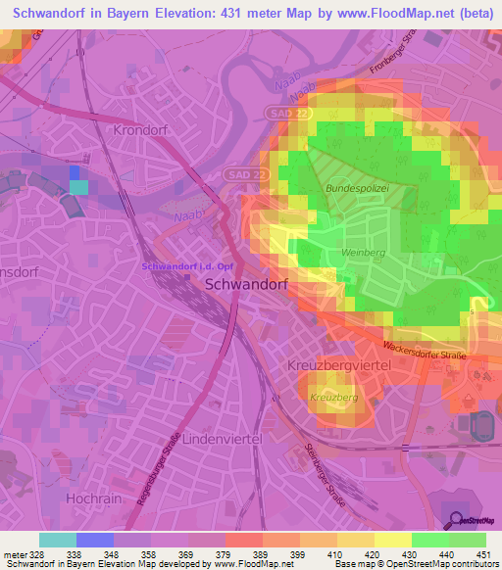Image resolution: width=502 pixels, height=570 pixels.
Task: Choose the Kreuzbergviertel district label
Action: tap(340, 364)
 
